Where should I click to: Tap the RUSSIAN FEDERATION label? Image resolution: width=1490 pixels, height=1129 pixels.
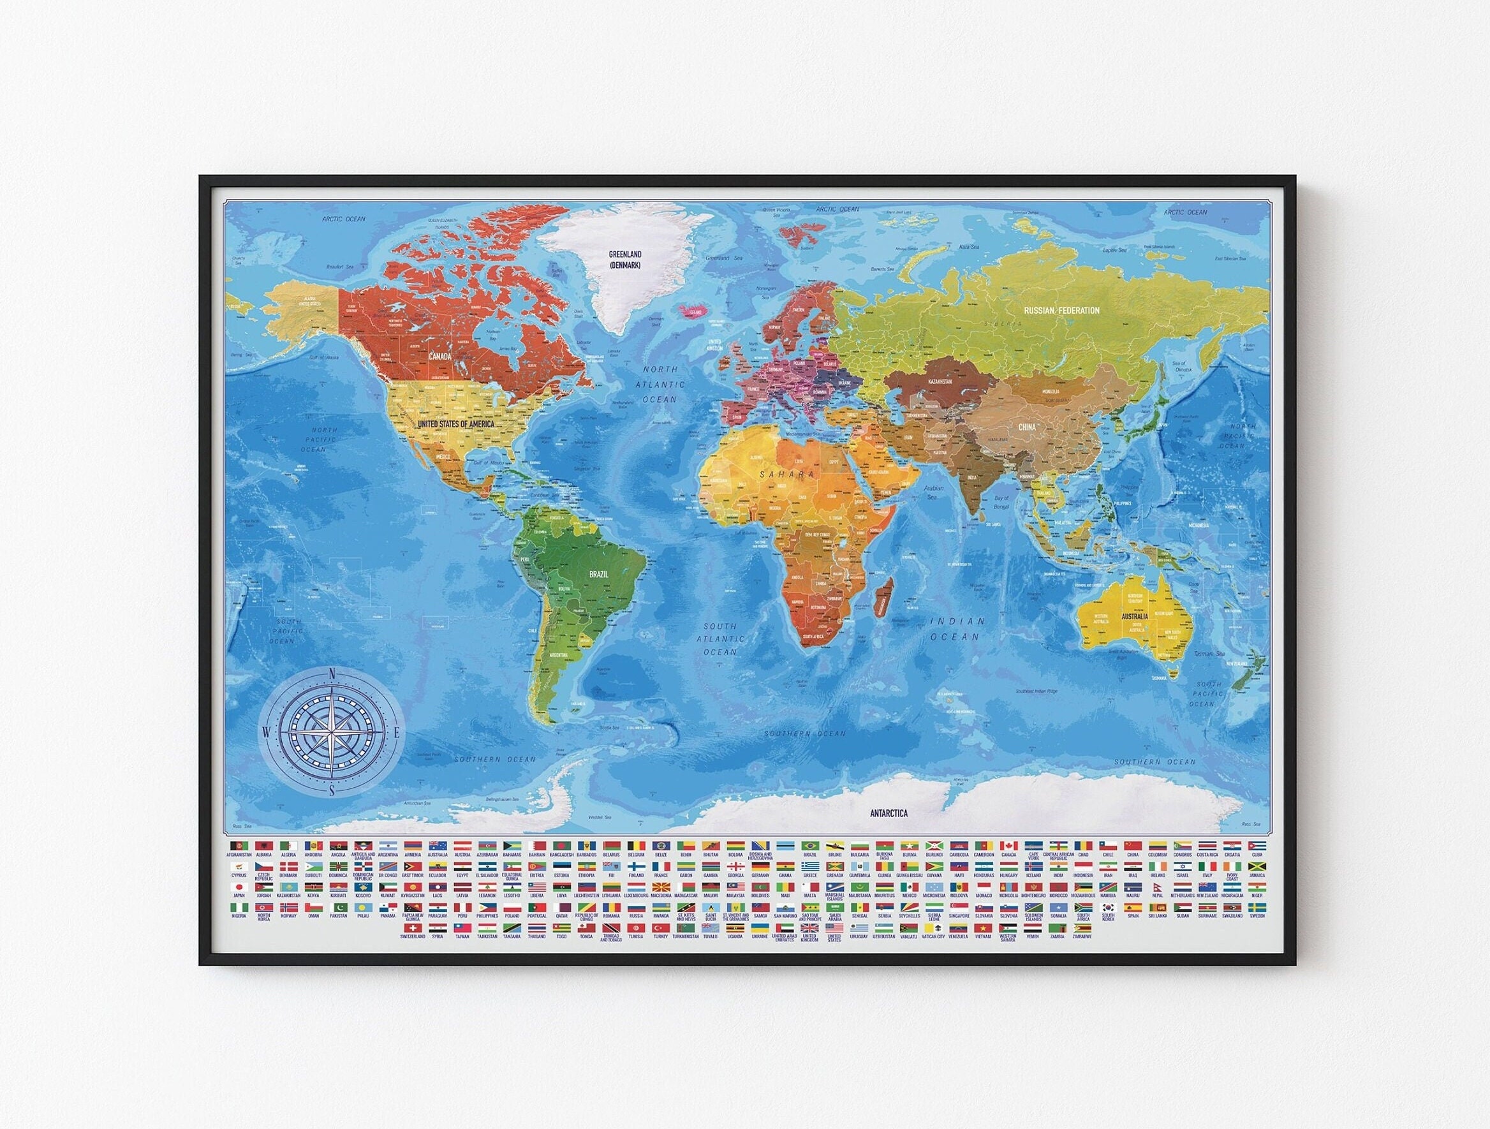1061,311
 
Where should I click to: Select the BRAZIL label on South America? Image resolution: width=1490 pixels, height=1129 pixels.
598,575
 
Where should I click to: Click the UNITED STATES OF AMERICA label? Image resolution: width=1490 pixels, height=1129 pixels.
456,425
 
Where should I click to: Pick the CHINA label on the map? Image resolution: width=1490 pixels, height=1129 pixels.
1027,427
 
